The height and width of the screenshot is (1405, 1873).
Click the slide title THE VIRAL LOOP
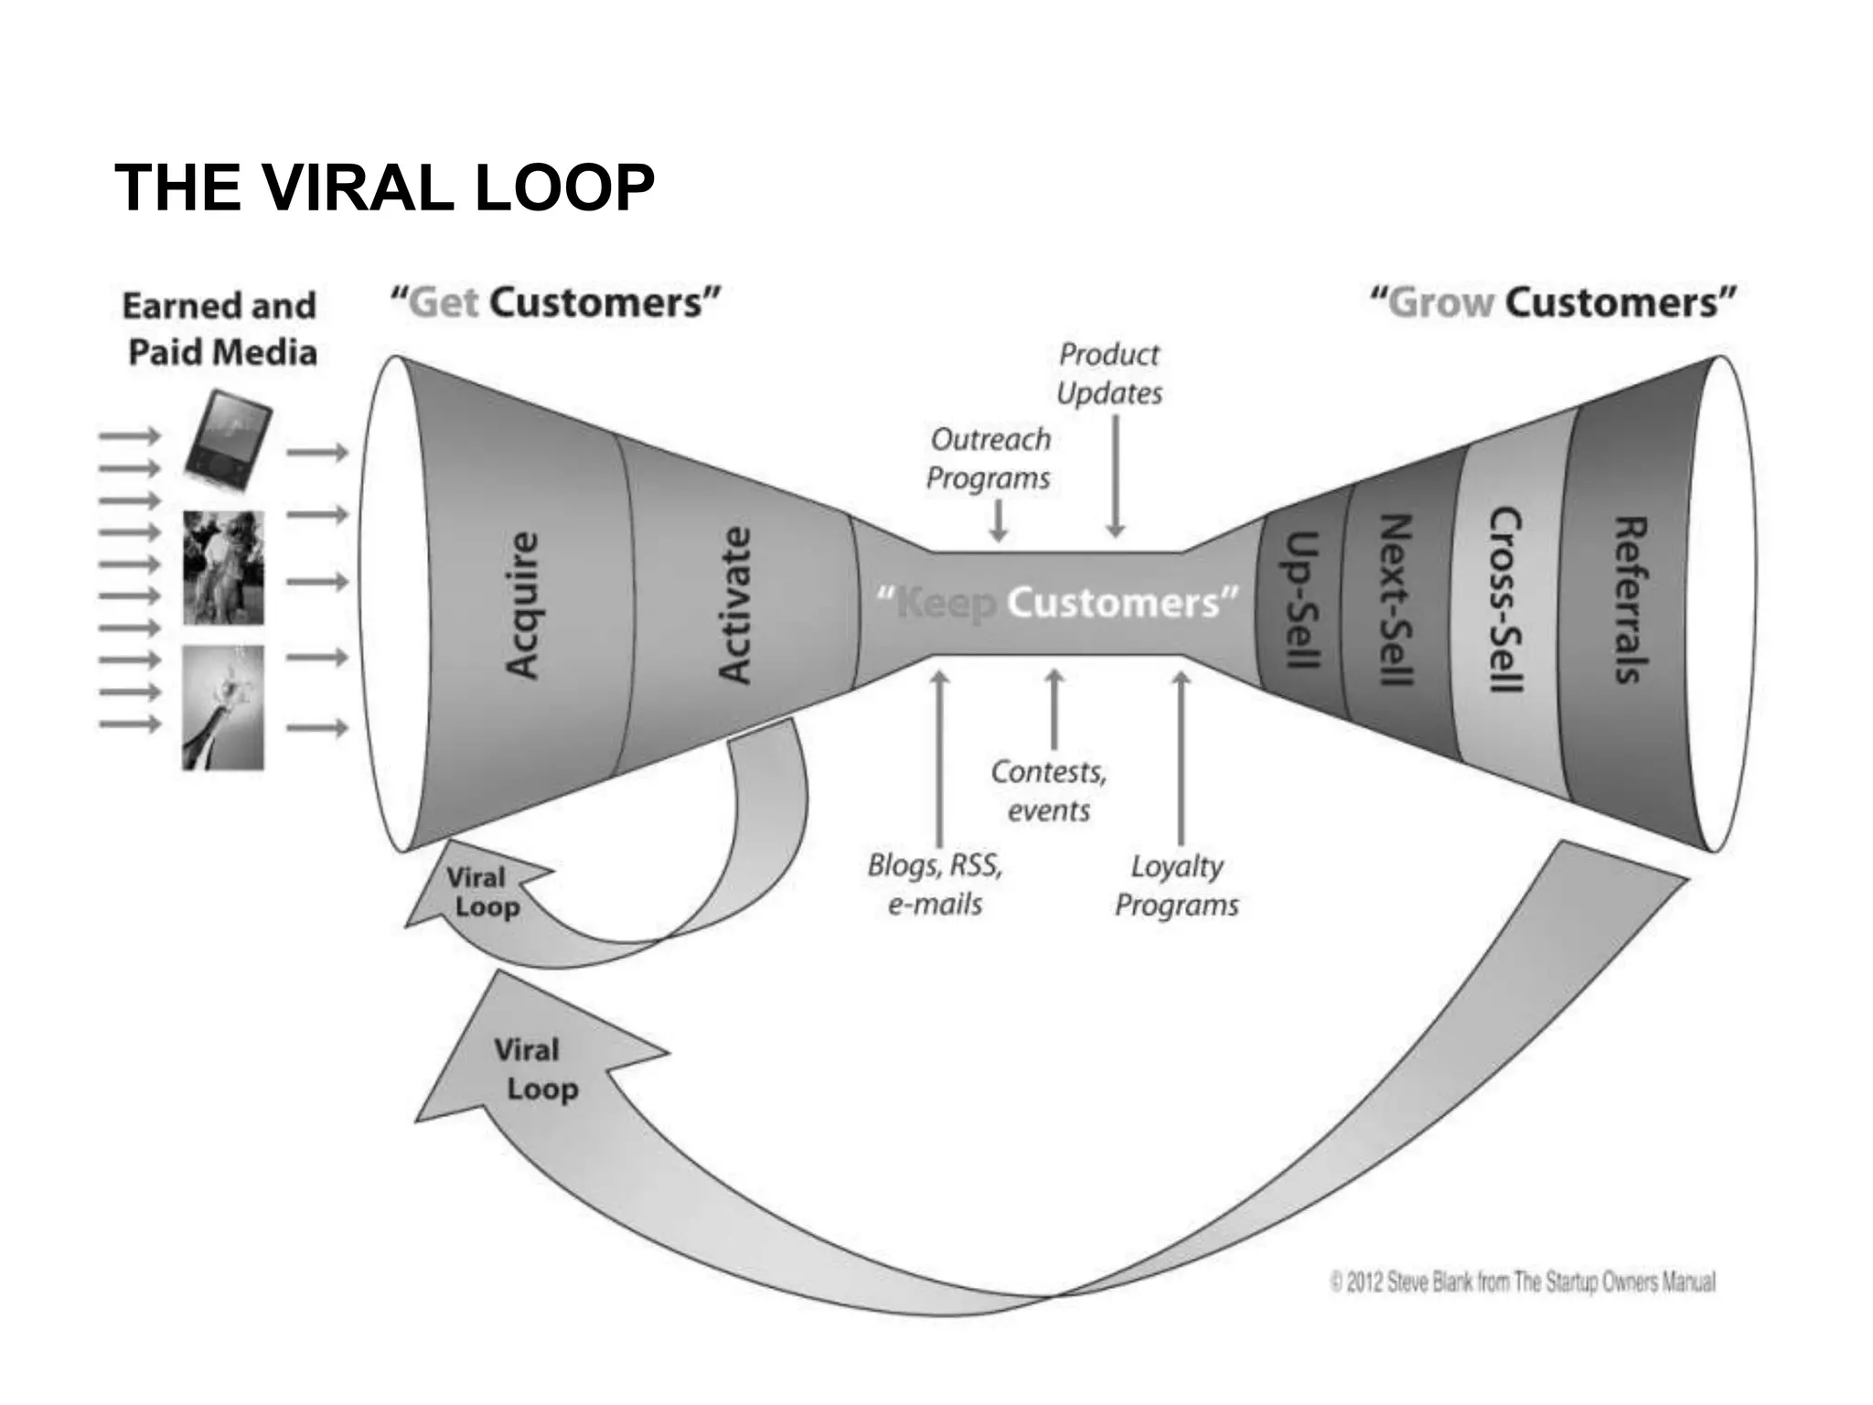coord(384,188)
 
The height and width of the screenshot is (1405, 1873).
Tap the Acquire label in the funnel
coord(522,605)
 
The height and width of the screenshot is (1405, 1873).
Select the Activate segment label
coord(734,605)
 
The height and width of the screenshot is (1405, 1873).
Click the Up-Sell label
coord(1302,600)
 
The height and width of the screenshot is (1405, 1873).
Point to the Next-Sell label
coord(1396,600)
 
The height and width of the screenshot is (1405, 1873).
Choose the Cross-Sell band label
coord(1505,600)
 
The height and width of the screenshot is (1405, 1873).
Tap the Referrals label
coord(1631,600)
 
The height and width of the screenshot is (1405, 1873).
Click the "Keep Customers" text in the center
coord(1057,604)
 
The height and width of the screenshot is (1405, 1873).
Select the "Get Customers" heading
coord(555,303)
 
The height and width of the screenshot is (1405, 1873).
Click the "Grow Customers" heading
coord(1552,303)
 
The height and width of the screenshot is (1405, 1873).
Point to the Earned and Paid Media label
coord(220,328)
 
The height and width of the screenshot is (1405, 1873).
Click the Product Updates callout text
coord(1109,374)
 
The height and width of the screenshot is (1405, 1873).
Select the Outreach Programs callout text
coord(990,458)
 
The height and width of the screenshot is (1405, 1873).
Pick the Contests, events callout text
coord(1049,791)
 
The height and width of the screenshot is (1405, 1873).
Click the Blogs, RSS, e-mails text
coord(935,885)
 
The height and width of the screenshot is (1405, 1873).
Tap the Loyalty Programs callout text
coord(1176,885)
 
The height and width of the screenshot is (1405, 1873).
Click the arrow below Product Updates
coord(1116,476)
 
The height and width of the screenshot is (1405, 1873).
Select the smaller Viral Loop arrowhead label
coord(482,893)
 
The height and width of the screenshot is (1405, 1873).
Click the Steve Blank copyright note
coord(1523,1282)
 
